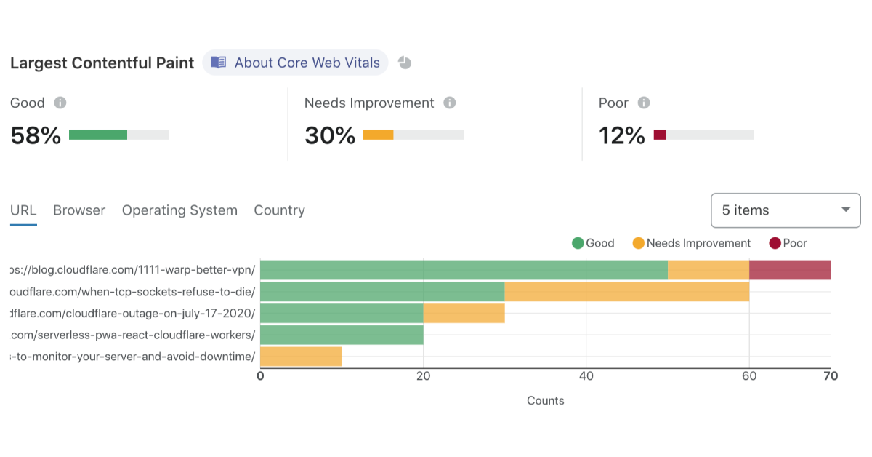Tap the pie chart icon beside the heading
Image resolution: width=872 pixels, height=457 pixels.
point(405,63)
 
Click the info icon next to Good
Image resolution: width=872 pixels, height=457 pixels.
point(60,103)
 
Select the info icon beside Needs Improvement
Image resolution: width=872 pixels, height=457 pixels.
point(450,103)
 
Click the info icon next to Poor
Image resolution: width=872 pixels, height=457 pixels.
point(644,103)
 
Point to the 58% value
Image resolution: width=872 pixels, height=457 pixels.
point(36,135)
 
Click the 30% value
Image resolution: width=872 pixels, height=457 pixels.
point(330,135)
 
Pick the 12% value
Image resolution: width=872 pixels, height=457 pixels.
point(622,135)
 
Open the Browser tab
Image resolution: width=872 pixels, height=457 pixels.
point(79,210)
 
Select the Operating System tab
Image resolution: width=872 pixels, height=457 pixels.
point(179,210)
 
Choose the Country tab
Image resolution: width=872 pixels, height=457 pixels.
point(279,210)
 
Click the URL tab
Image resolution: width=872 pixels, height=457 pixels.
point(23,210)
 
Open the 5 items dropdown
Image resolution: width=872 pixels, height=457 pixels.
point(786,210)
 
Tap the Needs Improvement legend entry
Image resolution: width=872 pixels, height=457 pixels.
point(691,243)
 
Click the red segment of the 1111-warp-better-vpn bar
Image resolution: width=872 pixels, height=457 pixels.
point(790,270)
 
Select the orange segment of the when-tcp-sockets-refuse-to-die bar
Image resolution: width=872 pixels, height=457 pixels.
point(626,292)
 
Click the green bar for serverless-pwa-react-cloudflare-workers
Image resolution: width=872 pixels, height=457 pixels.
point(342,335)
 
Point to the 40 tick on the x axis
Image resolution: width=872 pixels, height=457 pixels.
point(586,376)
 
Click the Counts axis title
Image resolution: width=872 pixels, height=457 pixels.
point(545,400)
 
